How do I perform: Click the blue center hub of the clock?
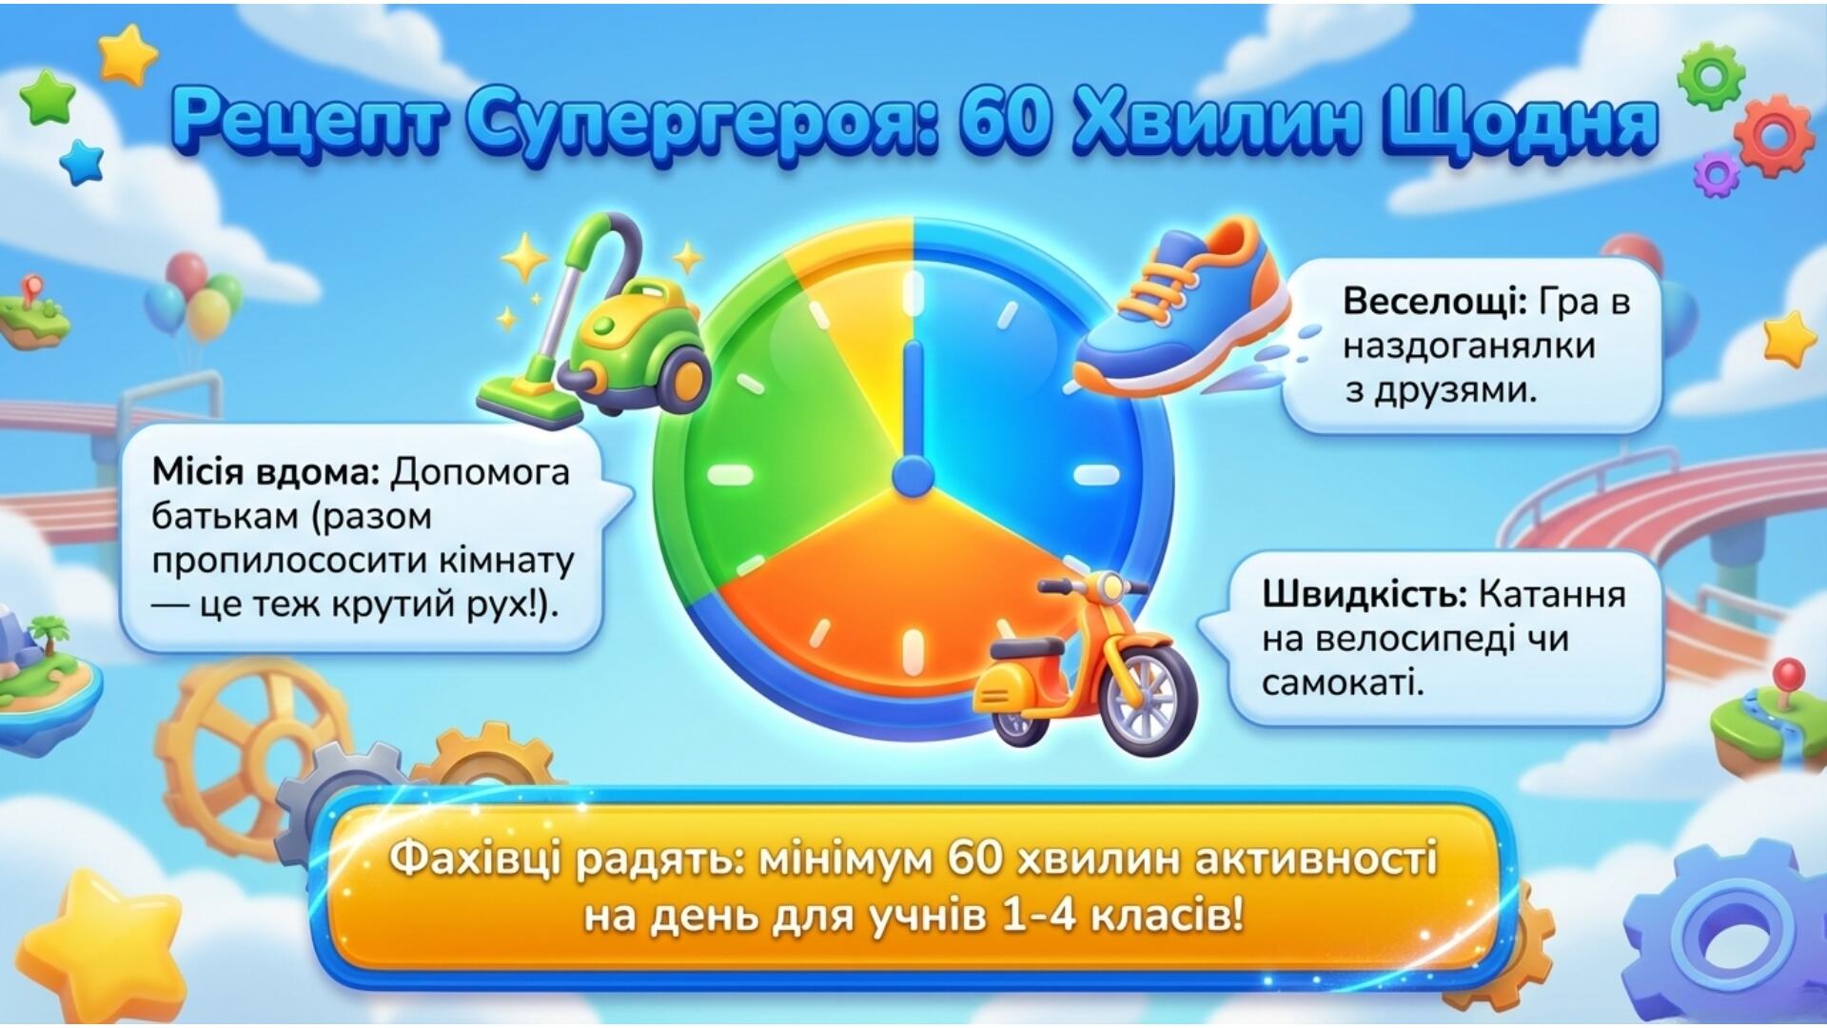click(913, 475)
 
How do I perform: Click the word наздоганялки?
click(1468, 346)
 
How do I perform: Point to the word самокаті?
click(1343, 682)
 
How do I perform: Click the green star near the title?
click(47, 98)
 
